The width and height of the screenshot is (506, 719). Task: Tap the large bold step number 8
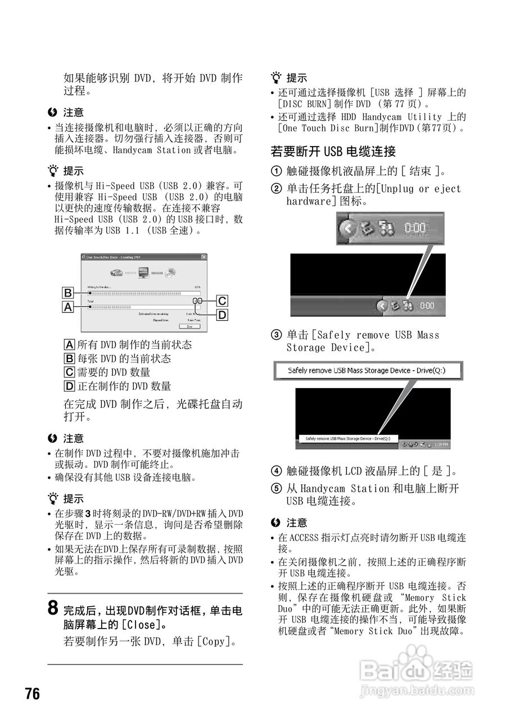[x=52, y=608]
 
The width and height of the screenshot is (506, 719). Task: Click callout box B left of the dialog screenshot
[x=68, y=293]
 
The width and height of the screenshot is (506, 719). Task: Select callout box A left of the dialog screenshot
[x=68, y=307]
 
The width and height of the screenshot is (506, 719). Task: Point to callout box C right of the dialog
[x=223, y=301]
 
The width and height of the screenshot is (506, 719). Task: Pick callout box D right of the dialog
[x=223, y=315]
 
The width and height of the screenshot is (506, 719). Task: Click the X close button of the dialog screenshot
[x=204, y=257]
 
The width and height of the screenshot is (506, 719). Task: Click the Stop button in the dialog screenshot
[x=189, y=326]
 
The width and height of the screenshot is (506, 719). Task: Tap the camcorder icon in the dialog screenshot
[x=117, y=272]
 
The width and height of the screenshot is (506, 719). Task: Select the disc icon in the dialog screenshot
[x=171, y=272]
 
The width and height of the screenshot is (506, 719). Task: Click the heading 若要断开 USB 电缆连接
[x=333, y=151]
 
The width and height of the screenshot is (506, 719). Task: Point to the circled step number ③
[x=276, y=335]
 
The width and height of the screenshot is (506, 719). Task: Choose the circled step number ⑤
[x=276, y=489]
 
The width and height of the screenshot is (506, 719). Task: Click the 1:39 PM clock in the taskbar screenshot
[x=441, y=444]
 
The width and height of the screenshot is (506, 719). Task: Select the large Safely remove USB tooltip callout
[x=368, y=371]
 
